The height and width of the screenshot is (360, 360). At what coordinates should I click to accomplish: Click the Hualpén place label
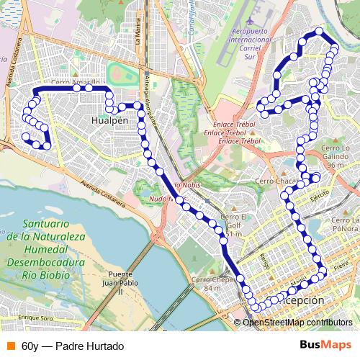click(x=111, y=121)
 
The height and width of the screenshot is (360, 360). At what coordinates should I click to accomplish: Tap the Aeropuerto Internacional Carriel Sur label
click(x=249, y=40)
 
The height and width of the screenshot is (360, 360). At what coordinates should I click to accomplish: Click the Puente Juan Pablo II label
click(x=121, y=283)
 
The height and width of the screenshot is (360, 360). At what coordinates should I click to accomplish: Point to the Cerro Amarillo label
click(x=75, y=84)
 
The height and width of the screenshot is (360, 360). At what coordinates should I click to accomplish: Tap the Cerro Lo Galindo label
click(x=334, y=156)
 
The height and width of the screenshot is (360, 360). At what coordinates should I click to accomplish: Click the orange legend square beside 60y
click(x=10, y=346)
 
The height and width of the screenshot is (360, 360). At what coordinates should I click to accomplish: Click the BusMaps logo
click(x=326, y=345)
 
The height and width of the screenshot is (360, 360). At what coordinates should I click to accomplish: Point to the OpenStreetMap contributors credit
click(x=297, y=323)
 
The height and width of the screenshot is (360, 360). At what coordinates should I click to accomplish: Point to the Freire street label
click(x=341, y=268)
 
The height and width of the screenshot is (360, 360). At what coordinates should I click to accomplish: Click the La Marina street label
click(x=136, y=35)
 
